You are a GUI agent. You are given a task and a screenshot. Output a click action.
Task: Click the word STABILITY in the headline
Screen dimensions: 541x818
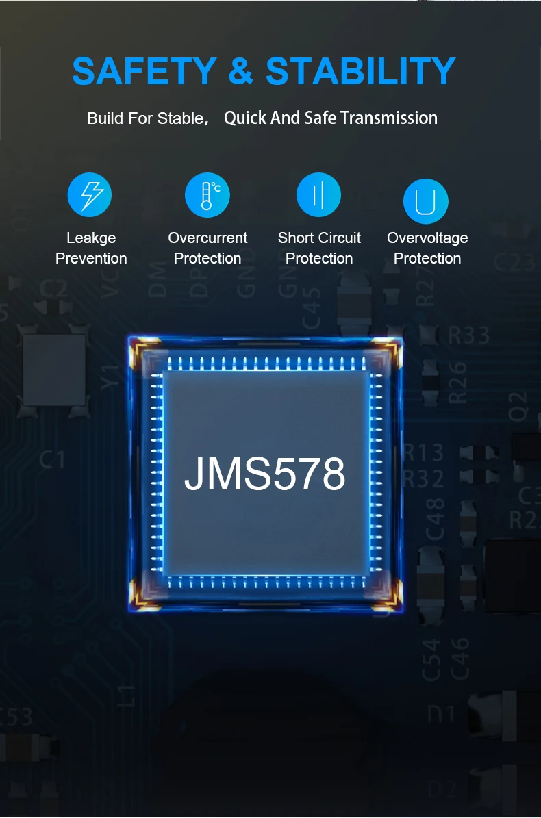pos(361,71)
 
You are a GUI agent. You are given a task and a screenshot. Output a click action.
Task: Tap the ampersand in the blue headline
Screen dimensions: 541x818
pos(241,71)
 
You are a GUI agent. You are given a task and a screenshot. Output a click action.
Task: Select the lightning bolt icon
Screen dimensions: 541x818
pos(90,195)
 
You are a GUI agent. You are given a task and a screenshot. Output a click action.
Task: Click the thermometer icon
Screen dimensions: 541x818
pos(207,195)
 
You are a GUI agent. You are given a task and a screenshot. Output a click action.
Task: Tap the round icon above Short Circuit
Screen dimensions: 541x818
pos(318,195)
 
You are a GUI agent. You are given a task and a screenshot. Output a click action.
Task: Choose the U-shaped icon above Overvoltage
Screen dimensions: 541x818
pos(425,201)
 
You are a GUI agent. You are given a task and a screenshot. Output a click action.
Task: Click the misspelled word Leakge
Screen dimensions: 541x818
pos(91,238)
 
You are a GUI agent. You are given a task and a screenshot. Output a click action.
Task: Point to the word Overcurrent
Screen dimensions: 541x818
pos(207,238)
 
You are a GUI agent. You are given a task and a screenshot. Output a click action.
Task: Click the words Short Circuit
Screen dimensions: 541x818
pos(319,238)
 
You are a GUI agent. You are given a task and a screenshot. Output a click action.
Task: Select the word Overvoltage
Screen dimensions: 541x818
pos(427,238)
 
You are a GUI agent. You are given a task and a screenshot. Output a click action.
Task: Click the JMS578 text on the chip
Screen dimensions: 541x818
pos(264,474)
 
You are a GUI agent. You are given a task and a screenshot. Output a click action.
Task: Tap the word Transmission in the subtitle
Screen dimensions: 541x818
pos(388,118)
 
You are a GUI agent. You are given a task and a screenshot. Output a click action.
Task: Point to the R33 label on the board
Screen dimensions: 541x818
pos(468,335)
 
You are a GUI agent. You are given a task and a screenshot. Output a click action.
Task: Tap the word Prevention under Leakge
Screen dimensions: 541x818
pos(91,259)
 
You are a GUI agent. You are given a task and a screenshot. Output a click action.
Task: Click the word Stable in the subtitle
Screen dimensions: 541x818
pos(180,118)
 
